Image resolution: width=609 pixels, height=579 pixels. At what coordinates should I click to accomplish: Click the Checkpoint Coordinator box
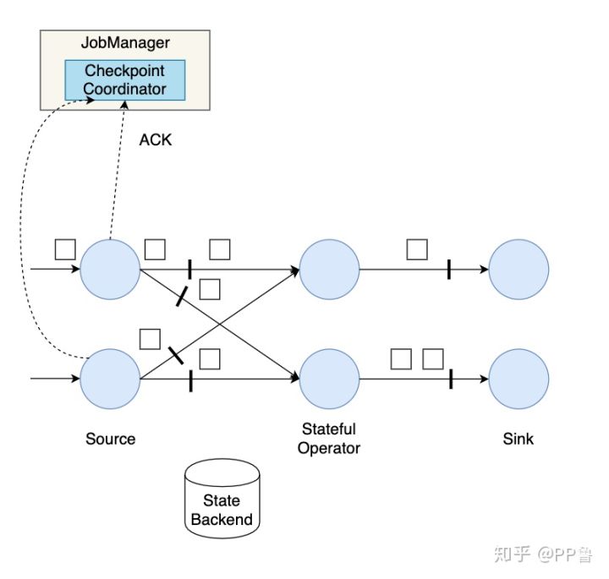(x=125, y=79)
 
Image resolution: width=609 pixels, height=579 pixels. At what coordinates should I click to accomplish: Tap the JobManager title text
(x=126, y=43)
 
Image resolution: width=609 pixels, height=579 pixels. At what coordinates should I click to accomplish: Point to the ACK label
(x=156, y=139)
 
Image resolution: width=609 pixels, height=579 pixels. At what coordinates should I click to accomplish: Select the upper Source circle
(x=110, y=270)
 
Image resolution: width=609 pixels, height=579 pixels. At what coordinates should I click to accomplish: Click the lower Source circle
(x=110, y=379)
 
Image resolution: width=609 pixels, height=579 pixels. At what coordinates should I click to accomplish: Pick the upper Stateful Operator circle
(x=329, y=270)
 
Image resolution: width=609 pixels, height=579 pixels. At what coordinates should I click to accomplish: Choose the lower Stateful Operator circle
(x=329, y=379)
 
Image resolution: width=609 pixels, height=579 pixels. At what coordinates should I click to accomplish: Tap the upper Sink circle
(x=518, y=270)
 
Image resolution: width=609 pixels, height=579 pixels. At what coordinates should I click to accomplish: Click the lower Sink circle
(x=518, y=379)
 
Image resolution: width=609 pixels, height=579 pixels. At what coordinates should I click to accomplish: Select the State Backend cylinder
(x=222, y=499)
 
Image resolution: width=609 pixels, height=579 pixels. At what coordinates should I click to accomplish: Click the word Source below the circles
(x=110, y=439)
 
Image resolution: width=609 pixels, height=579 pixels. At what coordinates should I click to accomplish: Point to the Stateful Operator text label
(x=329, y=439)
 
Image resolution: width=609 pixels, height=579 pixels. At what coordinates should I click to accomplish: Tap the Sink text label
(x=518, y=439)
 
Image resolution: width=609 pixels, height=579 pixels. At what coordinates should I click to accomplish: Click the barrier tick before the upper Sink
(x=448, y=270)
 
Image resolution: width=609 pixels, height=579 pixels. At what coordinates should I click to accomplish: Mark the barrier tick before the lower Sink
(x=450, y=379)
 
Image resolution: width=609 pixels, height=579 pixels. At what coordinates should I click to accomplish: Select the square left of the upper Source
(x=65, y=249)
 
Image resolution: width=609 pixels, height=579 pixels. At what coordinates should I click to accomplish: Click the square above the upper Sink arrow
(x=416, y=249)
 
